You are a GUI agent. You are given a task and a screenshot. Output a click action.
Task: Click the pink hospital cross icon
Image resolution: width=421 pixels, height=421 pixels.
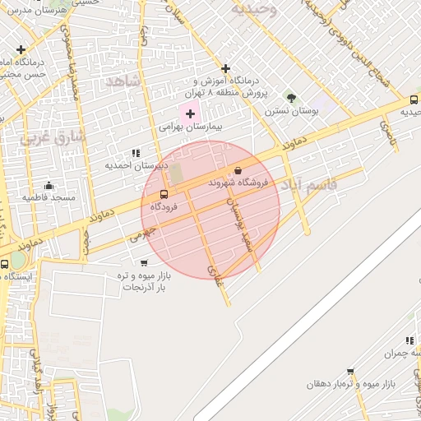coord(189,113)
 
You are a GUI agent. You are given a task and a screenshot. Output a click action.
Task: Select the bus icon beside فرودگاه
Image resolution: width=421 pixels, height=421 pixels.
coord(164,195)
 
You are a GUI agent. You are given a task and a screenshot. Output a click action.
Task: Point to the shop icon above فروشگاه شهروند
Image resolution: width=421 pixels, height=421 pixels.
coord(238,170)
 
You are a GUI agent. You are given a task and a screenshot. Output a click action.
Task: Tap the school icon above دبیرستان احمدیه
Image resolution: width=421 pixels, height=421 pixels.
coord(136,153)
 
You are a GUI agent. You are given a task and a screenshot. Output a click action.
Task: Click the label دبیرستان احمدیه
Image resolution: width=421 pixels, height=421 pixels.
coord(136,165)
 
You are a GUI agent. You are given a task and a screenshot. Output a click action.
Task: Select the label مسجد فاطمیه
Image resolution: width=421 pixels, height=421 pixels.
coord(49,197)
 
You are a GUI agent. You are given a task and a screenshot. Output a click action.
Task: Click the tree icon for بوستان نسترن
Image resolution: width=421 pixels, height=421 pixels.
coord(291,98)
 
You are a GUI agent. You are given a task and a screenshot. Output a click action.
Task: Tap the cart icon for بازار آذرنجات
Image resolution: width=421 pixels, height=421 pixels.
coord(144,263)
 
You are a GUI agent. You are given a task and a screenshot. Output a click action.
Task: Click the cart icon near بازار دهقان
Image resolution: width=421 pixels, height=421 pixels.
coord(350,372)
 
